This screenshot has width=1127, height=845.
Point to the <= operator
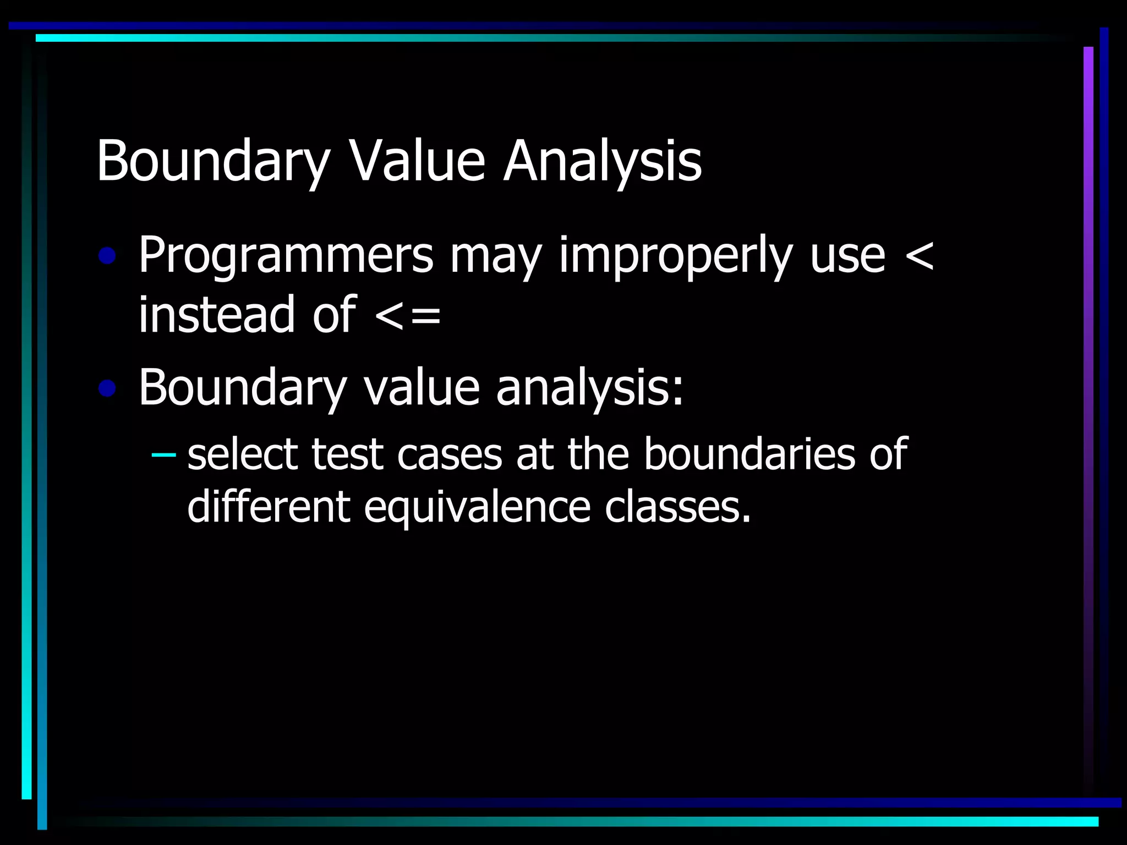click(x=408, y=316)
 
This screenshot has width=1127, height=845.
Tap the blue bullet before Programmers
click(x=107, y=256)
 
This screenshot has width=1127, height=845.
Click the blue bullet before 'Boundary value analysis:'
click(x=107, y=388)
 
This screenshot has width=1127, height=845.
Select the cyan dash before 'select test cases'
click(x=163, y=454)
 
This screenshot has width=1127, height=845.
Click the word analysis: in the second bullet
click(x=590, y=388)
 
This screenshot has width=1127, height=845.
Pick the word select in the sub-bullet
click(x=243, y=454)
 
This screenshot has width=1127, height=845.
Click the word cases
click(x=450, y=454)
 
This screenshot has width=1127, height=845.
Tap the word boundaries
click(x=749, y=454)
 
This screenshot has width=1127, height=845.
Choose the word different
click(x=269, y=506)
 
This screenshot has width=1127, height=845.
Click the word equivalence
click(x=477, y=506)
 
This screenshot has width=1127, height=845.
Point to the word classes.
click(x=678, y=506)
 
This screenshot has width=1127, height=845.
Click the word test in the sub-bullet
click(x=347, y=454)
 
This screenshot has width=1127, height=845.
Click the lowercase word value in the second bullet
click(x=422, y=388)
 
